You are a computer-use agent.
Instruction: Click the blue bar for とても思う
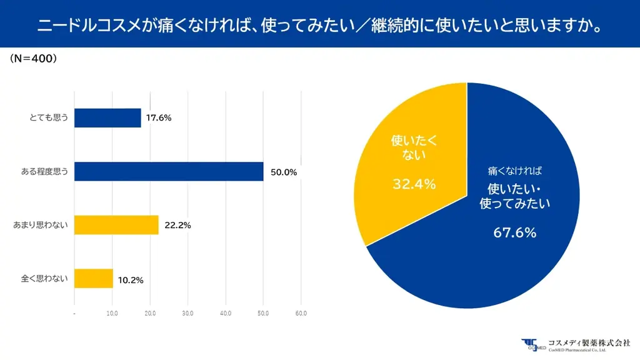(x=107, y=117)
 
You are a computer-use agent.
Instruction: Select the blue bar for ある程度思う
(x=169, y=171)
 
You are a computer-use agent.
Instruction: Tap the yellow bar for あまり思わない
(x=116, y=224)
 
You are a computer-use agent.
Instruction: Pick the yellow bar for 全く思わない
(x=94, y=278)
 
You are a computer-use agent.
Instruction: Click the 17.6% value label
(x=159, y=117)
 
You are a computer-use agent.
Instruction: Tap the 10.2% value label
(x=131, y=280)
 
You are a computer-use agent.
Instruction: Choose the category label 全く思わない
(x=45, y=279)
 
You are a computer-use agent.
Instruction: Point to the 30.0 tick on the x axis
(x=187, y=312)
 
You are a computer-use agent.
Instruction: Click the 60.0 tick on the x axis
(x=301, y=312)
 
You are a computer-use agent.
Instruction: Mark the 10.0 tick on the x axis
(x=112, y=312)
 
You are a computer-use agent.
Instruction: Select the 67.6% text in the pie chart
(x=515, y=232)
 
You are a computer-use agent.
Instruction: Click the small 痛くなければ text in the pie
(x=515, y=171)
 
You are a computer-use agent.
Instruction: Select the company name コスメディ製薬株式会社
(x=589, y=342)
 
